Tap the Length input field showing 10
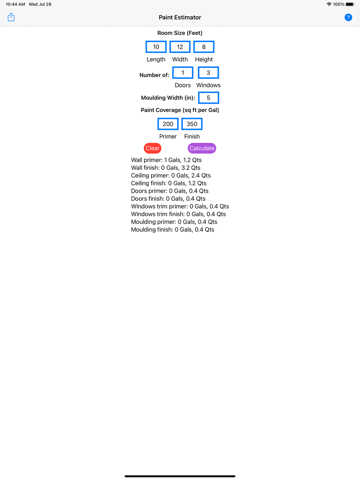pos(156,47)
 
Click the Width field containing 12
pos(180,47)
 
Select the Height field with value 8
pos(204,47)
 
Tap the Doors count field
pos(183,73)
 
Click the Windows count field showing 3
pos(208,73)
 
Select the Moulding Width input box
pos(208,98)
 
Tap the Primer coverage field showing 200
pos(168,124)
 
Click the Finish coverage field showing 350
pos(192,124)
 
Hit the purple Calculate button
pos(202,148)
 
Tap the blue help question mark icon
pos(348,17)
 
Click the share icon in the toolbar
pos(11,17)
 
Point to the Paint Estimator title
pos(180,17)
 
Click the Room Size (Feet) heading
pos(180,33)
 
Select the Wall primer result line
pos(166,160)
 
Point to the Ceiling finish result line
pos(169,183)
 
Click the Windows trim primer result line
pos(180,207)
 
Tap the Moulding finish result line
pos(173,230)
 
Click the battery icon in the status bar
pos(350,4)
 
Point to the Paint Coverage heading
pos(180,110)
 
